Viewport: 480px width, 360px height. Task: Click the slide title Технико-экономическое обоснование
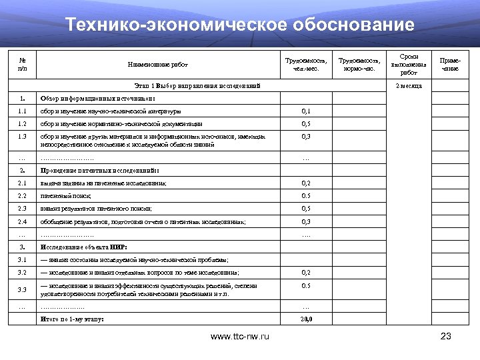pos(240,25)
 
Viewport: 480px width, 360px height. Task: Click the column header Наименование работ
pos(158,65)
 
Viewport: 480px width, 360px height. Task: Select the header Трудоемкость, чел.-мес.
pos(306,65)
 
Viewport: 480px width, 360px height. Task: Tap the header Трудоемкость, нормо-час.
pos(358,65)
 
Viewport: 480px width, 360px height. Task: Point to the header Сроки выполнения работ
pos(409,65)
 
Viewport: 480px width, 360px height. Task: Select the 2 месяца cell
pos(409,86)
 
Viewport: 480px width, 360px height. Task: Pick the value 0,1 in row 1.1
pos(306,111)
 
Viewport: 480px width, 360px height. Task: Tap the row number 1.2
pos(23,123)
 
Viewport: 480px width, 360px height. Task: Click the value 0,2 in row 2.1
pos(306,183)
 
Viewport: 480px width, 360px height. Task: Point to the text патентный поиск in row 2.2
pos(66,196)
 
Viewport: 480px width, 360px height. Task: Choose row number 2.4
pos(23,221)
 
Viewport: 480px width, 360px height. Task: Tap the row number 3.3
pos(23,289)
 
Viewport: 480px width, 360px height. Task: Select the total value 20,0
pos(306,320)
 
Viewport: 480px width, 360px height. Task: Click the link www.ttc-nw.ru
pos(240,337)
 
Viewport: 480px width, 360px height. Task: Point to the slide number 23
pos(447,337)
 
